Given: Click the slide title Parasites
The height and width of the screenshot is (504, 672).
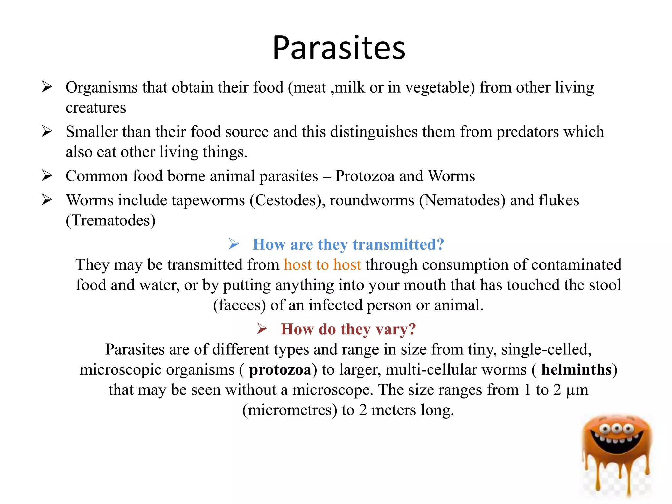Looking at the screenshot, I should click(339, 48).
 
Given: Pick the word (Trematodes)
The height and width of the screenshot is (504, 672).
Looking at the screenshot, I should click(111, 220).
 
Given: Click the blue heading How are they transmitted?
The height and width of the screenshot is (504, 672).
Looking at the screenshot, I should click(348, 245).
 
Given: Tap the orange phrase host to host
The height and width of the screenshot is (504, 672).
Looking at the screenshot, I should click(322, 265).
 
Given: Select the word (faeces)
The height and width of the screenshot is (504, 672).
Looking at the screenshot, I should click(240, 305).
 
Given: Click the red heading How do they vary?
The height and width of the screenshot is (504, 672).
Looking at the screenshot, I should click(348, 329).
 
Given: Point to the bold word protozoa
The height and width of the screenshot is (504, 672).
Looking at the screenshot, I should click(280, 370).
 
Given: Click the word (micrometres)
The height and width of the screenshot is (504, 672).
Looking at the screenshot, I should click(290, 410).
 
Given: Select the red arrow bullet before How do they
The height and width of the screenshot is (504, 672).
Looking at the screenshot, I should click(262, 329).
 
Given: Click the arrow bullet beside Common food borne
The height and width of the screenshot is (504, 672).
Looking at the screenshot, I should click(47, 176).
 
